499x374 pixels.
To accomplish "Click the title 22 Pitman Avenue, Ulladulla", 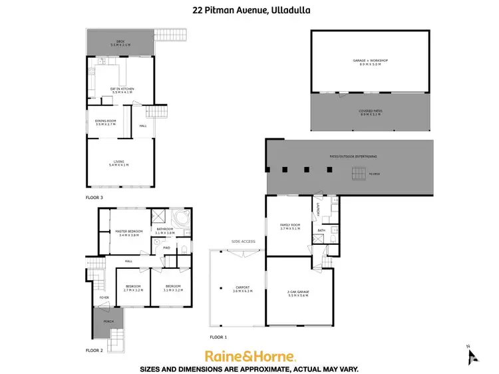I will click(x=249, y=11).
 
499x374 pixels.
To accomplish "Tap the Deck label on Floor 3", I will click(x=120, y=43).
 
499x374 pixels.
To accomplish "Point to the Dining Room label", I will click(x=105, y=122).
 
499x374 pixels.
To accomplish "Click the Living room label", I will click(x=119, y=164).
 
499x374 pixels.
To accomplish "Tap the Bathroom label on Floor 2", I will click(x=164, y=232).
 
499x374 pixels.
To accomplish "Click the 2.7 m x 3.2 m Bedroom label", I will click(x=133, y=288).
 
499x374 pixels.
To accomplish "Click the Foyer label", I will click(x=104, y=297).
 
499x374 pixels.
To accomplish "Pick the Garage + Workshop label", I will click(x=370, y=62).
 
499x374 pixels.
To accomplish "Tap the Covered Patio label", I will click(x=371, y=113).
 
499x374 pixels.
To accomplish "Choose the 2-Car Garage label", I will click(x=297, y=294).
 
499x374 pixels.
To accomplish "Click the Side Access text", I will click(x=244, y=242).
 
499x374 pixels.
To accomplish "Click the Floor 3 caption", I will click(x=94, y=198).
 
